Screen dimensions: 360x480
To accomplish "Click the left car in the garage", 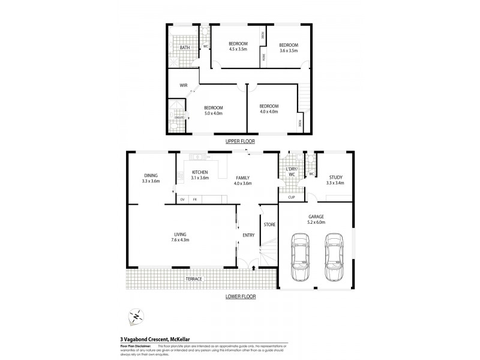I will (299, 257).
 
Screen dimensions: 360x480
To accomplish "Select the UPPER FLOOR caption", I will (240, 141).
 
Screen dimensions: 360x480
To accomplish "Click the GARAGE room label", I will (316, 217).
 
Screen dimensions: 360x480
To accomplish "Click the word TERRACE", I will (193, 280).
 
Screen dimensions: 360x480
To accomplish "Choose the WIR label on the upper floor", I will (184, 86).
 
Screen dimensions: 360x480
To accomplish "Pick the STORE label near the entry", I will (269, 224).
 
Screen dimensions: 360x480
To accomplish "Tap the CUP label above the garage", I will (291, 197).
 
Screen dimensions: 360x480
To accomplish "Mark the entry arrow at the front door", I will (254, 268).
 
